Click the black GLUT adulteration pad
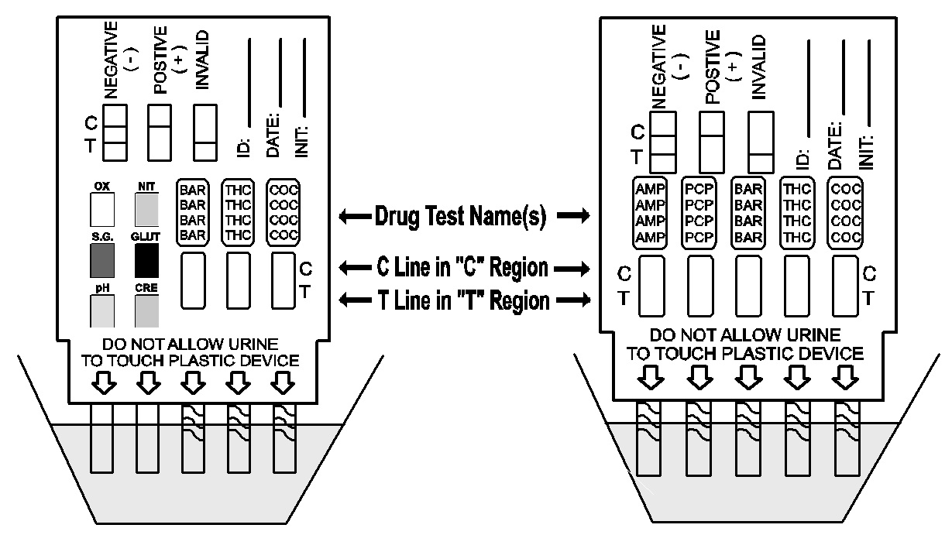coord(146,260)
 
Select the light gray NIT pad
coord(146,208)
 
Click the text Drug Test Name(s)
coord(463,217)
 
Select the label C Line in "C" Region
coord(463,269)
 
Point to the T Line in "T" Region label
coord(463,300)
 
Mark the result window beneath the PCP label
coord(699,286)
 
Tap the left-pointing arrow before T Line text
coord(351,300)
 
